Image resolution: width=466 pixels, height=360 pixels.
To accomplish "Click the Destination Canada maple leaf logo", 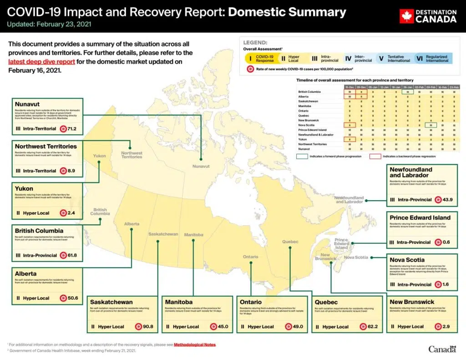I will pos(406,16).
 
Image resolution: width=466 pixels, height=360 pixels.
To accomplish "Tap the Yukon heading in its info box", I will pos(24,188).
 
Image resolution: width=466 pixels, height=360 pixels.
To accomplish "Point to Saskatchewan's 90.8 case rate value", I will pos(147,327).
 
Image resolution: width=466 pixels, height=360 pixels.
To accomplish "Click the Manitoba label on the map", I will pos(194,235).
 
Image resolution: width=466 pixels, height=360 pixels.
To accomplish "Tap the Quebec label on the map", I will pos(290,241).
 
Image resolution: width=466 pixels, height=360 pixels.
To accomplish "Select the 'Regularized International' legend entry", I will pos(436,59).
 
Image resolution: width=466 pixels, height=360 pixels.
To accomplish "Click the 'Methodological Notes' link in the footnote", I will pos(195,345).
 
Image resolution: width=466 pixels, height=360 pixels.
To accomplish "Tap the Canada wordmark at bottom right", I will pos(442,349).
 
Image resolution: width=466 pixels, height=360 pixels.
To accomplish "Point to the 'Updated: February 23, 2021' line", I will pos(50,24).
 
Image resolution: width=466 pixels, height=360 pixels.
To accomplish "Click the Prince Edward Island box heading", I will pos(420,218).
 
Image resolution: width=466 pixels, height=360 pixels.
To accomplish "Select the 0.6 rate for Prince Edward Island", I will pos(446,242).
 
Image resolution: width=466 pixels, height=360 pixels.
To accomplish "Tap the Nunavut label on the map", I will pos(201,167).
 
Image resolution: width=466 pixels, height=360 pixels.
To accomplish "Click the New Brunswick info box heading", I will pos(412,302).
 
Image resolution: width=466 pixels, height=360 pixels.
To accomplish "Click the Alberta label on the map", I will pos(132,224).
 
